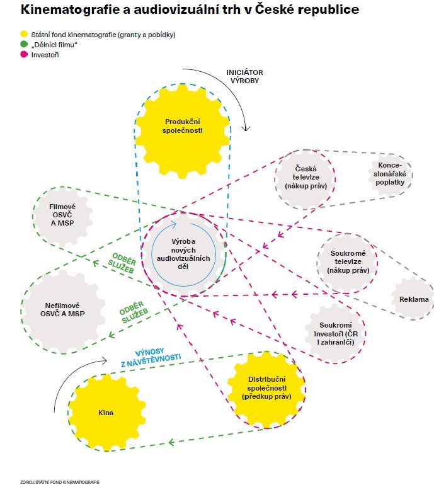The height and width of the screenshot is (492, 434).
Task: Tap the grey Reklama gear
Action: [x=413, y=298]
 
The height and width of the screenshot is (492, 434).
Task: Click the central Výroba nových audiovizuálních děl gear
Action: [x=185, y=253]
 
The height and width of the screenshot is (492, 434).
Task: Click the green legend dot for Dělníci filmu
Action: [x=24, y=45]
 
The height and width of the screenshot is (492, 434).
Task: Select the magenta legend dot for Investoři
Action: [x=24, y=55]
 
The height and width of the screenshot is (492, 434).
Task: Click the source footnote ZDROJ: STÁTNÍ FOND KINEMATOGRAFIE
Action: [x=61, y=481]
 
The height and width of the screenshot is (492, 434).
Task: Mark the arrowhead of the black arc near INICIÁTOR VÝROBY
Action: [x=247, y=129]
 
